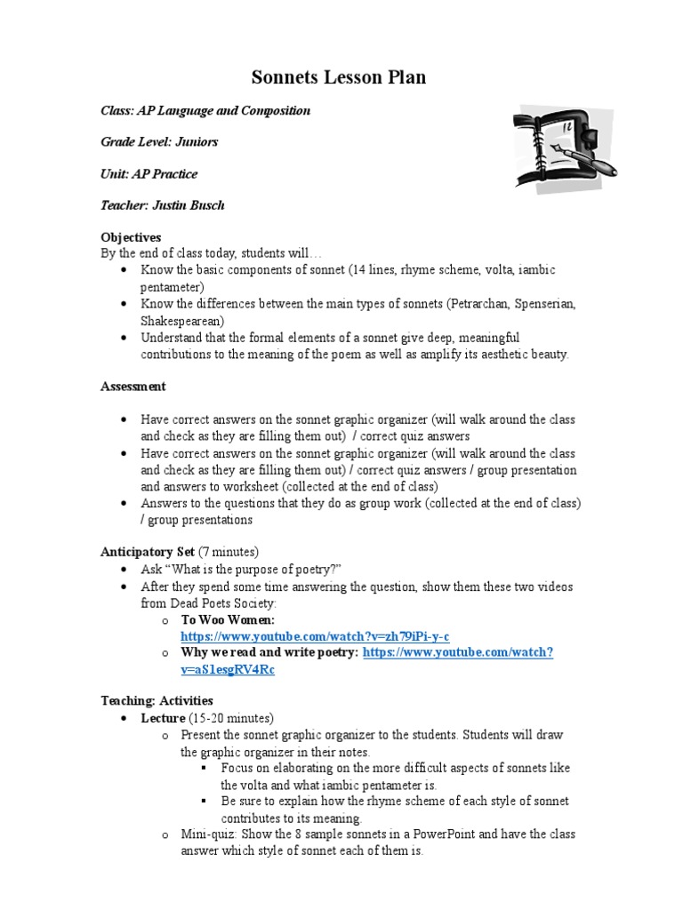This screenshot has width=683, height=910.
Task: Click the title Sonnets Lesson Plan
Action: [x=339, y=77]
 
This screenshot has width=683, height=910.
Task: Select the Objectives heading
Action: [x=131, y=237]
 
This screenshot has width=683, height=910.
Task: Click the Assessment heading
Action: [x=133, y=387]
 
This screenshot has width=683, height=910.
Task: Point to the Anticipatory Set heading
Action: [x=147, y=552]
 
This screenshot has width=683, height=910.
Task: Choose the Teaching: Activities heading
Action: [x=157, y=701]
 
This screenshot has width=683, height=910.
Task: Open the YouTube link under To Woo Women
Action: [x=315, y=637]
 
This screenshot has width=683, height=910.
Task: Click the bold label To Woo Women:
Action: [x=228, y=620]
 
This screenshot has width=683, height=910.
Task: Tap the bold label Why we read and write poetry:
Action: [x=269, y=653]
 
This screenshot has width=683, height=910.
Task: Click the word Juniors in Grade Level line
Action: [x=197, y=141]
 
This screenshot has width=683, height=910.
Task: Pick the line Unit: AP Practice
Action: [x=149, y=173]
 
